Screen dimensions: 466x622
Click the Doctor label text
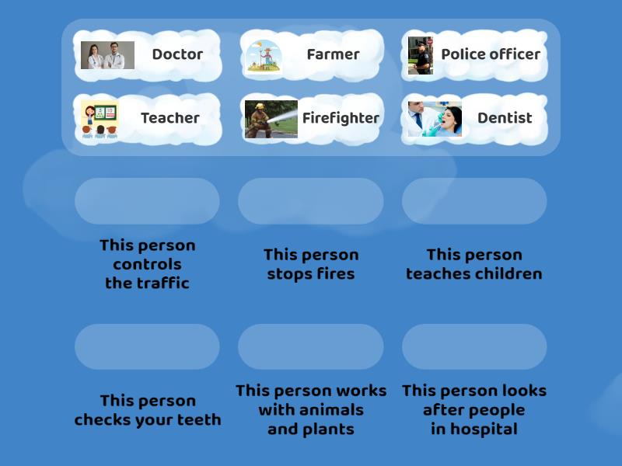click(177, 54)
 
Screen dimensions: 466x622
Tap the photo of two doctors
click(107, 55)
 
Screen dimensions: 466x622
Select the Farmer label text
click(333, 54)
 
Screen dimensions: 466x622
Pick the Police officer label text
click(491, 54)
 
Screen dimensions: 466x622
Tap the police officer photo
click(421, 55)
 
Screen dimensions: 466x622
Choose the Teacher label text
click(170, 118)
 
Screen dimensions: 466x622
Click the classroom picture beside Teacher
click(100, 119)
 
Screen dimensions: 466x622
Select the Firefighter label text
click(341, 118)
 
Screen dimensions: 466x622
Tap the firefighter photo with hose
click(271, 119)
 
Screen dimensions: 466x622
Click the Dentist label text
click(505, 118)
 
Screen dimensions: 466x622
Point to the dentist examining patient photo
click(435, 119)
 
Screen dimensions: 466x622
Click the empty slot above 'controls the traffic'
click(147, 201)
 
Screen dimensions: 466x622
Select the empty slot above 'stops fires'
click(310, 201)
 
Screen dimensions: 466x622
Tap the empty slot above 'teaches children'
click(474, 201)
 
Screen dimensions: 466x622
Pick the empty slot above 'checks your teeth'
click(147, 346)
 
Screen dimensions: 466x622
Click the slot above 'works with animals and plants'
click(310, 346)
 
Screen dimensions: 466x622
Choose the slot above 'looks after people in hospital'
click(474, 346)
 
